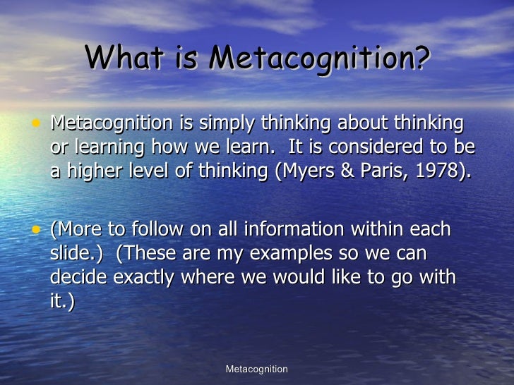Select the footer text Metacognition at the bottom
point(257,369)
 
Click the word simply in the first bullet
point(226,125)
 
